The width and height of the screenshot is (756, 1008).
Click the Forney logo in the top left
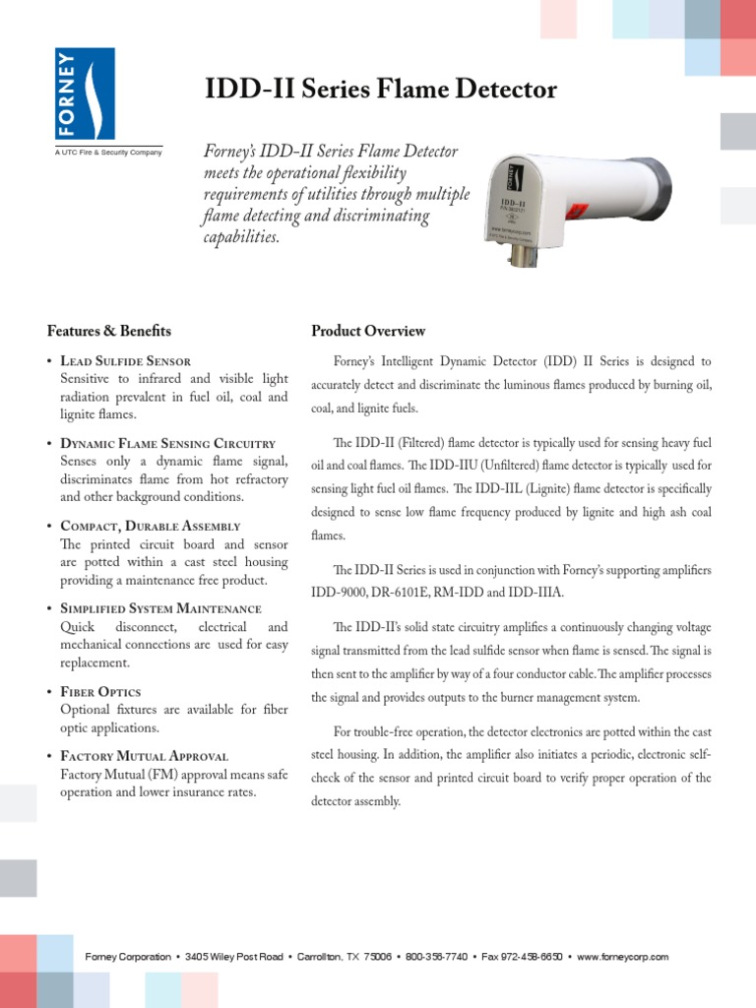pyautogui.click(x=85, y=94)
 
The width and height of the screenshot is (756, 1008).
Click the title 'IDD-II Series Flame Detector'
pyautogui.click(x=380, y=91)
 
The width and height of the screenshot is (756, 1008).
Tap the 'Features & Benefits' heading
pyautogui.click(x=108, y=331)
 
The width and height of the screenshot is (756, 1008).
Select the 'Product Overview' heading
pyautogui.click(x=368, y=331)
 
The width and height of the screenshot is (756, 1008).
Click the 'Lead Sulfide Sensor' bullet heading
pyautogui.click(x=126, y=361)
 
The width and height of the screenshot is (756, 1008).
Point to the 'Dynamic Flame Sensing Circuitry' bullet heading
pyautogui.click(x=168, y=444)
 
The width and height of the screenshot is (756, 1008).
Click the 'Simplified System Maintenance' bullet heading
pyautogui.click(x=161, y=609)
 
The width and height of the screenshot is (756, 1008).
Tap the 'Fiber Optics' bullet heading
pyautogui.click(x=100, y=692)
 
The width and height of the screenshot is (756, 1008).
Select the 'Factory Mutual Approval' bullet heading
pyautogui.click(x=145, y=756)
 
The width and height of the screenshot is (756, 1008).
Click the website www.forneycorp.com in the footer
pyautogui.click(x=623, y=957)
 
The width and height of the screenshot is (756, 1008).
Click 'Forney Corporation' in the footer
pyautogui.click(x=128, y=957)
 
